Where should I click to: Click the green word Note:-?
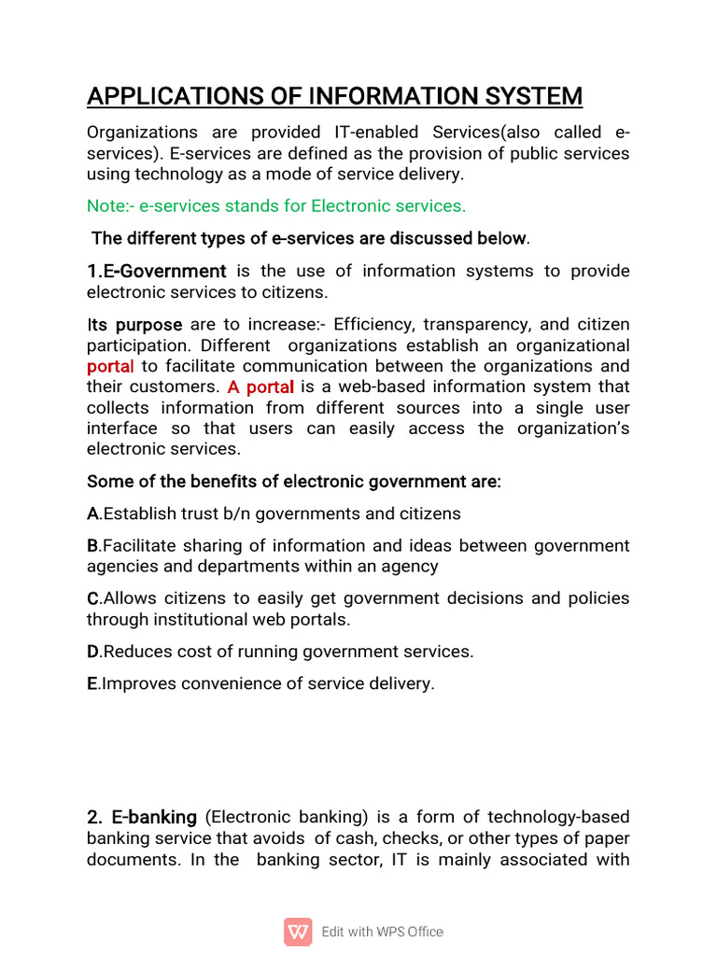click(x=111, y=205)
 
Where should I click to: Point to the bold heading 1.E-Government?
click(x=156, y=272)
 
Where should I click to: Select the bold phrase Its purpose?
click(x=134, y=325)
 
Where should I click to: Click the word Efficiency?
click(x=373, y=325)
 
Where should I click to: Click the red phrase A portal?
click(x=260, y=387)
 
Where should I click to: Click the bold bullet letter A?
click(x=92, y=514)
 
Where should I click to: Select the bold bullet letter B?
click(x=92, y=546)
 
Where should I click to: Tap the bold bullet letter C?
click(x=92, y=598)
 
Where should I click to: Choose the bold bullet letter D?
click(x=92, y=652)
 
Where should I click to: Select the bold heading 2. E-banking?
click(x=142, y=818)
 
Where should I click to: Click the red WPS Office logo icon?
click(x=298, y=932)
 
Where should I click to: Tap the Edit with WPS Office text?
click(x=382, y=932)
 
